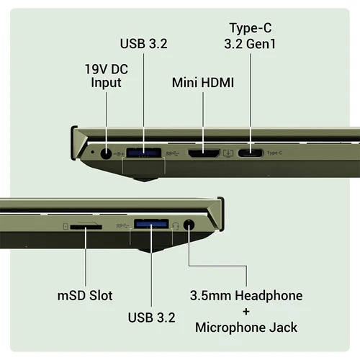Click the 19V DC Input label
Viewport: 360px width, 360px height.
pos(107,76)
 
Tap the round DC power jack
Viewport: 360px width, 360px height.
pos(106,153)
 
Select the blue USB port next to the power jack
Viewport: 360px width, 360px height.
pos(143,153)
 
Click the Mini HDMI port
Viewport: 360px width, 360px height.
pos(204,153)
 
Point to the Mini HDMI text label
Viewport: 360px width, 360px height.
pos(203,83)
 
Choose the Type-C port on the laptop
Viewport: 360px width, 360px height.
pos(251,153)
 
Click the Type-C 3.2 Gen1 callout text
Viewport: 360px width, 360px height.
pos(250,36)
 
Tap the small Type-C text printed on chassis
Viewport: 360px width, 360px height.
pos(274,153)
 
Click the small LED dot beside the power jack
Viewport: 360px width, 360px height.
pos(93,152)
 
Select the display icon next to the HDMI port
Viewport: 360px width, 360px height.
pos(228,153)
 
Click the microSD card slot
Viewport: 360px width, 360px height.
pos(86,226)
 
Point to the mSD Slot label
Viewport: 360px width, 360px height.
pos(85,295)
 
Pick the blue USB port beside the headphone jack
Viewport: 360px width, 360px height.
pos(151,224)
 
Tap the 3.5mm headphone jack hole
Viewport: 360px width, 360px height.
pos(189,225)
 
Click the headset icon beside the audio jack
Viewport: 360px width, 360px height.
pos(176,226)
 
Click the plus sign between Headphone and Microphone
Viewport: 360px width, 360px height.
pos(246,312)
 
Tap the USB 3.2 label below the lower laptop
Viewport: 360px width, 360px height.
pos(152,318)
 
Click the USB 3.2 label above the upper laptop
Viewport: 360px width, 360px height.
pos(144,44)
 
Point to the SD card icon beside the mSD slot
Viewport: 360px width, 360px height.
pos(66,226)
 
